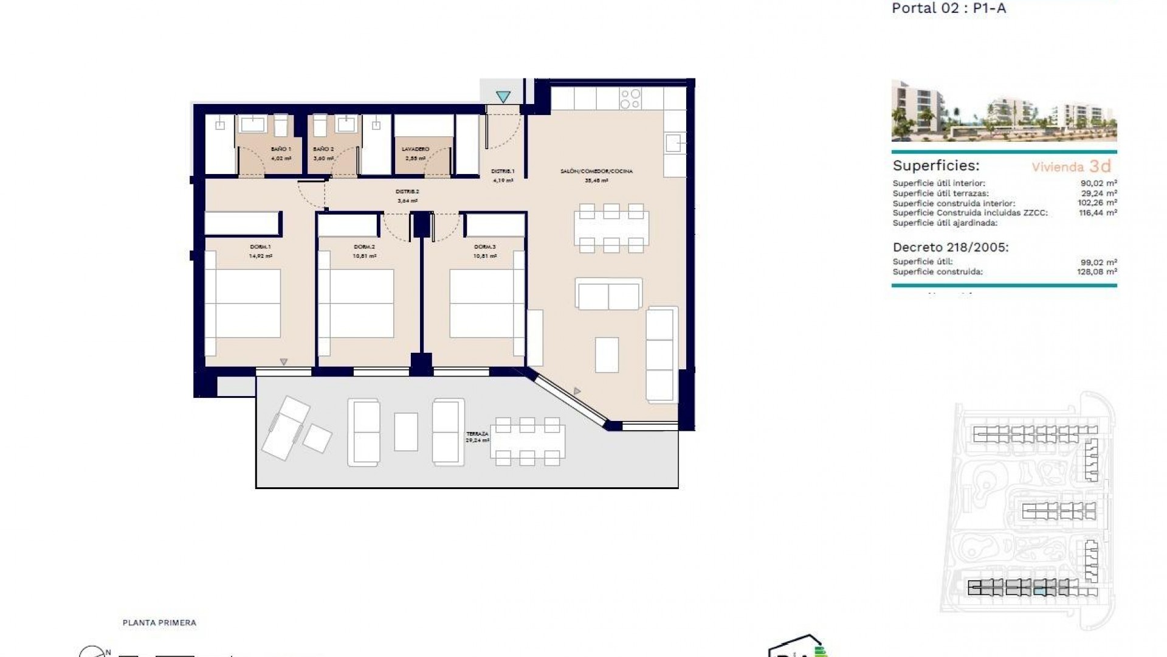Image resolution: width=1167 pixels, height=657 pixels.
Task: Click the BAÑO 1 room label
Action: coord(281,149)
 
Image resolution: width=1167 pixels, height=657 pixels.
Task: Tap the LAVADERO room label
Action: coord(416,149)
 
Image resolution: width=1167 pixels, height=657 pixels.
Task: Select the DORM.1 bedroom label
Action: coord(260,247)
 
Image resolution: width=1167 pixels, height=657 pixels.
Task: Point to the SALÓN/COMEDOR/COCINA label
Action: coord(596,172)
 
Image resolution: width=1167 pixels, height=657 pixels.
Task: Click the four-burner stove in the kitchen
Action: coord(630,99)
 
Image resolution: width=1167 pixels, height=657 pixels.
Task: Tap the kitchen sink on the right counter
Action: coord(673,144)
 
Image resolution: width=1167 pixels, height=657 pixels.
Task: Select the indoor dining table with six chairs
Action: coord(611,228)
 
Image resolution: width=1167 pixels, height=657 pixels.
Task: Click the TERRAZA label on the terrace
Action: coord(477,434)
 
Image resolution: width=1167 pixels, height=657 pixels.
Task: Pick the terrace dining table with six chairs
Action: coord(528,442)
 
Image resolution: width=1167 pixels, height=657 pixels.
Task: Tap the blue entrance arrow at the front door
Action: coord(503,96)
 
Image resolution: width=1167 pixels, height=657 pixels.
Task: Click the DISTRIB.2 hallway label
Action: coord(408,192)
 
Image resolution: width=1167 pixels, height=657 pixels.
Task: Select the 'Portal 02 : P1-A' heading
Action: coord(949,9)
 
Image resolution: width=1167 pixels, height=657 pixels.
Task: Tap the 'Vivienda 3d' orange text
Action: coord(1071,167)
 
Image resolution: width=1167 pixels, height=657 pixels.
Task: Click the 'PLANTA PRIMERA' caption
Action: coord(159,623)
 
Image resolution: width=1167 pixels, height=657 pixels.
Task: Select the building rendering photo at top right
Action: coord(1003,111)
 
